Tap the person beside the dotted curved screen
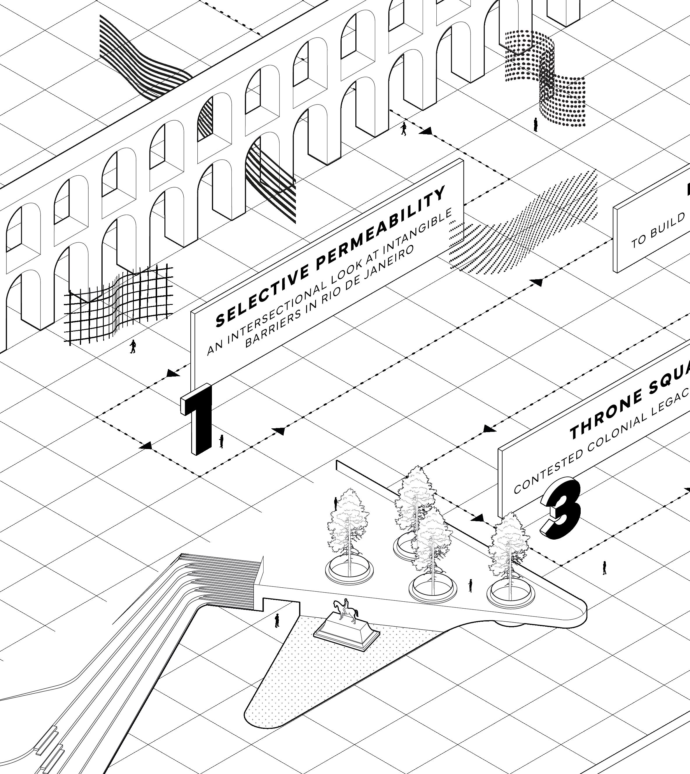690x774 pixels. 535,124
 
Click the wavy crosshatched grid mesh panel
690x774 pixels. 120,303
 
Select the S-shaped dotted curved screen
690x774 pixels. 546,79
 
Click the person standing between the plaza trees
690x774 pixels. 470,585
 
